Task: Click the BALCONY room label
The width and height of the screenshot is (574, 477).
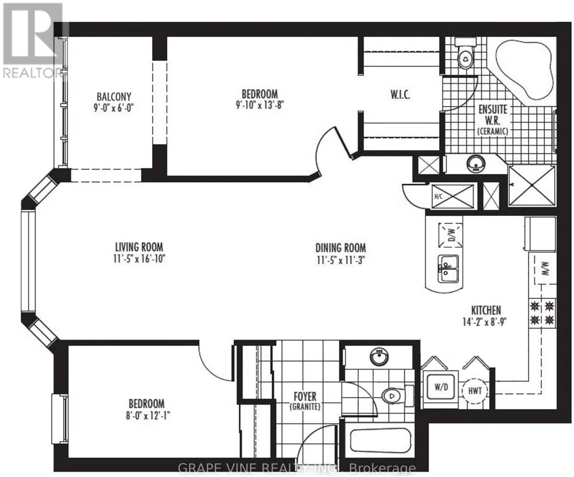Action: coord(114,97)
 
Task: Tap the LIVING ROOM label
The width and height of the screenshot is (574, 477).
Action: coord(139,247)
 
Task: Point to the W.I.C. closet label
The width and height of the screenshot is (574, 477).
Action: coord(400,95)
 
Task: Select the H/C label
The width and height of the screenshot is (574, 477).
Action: coord(438,197)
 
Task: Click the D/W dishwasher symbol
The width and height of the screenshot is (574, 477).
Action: coord(450,235)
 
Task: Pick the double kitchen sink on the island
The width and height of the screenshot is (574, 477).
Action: coord(448,269)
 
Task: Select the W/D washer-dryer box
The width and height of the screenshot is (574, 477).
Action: coord(441,389)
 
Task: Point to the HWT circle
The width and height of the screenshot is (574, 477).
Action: coord(475,391)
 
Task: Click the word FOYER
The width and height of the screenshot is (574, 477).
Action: coord(305,397)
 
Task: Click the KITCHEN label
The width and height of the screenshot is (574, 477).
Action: coord(486,310)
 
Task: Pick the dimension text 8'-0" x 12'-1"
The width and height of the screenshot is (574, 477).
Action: coord(146,416)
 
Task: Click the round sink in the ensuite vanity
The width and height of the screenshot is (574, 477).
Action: coord(476,164)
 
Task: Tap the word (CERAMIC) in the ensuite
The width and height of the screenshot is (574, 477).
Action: coord(493,131)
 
